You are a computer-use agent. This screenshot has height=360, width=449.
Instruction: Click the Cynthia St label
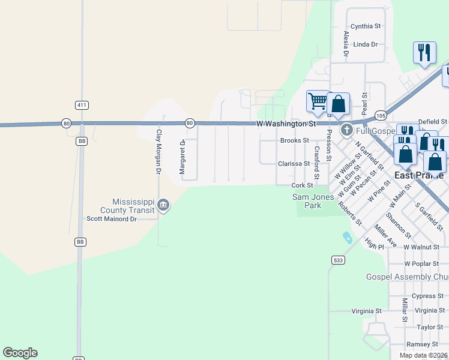366,26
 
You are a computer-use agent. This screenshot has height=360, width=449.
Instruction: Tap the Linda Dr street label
366,44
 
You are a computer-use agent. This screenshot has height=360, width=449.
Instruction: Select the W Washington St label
286,124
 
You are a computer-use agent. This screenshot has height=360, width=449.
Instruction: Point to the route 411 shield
82,105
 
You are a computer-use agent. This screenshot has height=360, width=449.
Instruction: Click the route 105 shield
381,115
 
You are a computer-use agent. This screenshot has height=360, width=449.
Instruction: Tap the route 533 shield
337,260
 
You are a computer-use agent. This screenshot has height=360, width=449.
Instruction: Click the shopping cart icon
317,100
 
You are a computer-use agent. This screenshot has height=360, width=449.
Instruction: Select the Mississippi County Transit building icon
163,206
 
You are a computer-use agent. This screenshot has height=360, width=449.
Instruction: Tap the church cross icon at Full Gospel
346,130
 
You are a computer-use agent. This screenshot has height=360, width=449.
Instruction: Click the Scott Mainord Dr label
112,219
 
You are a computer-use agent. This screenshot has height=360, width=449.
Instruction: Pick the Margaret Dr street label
182,157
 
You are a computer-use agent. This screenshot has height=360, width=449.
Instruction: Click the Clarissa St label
294,163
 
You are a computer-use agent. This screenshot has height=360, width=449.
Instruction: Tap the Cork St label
302,185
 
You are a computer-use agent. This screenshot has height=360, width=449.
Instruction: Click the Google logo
20,353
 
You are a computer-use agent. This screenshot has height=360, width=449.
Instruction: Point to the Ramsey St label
422,344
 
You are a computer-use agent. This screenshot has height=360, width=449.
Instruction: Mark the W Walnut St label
421,247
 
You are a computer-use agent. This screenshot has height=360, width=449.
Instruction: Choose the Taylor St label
430,328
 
